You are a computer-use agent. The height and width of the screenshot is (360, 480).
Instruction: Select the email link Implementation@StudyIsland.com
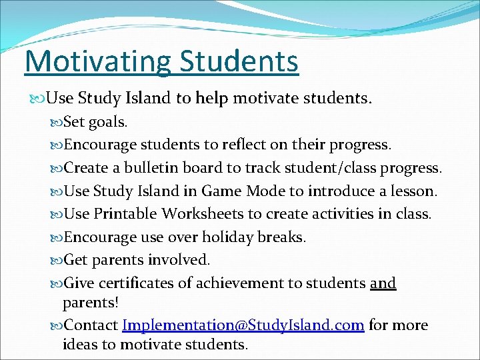243,325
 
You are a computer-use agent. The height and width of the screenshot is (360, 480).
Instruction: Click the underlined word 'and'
383,283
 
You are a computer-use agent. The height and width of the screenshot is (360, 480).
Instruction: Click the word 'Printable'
125,214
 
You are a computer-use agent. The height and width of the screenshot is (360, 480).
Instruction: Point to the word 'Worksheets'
199,214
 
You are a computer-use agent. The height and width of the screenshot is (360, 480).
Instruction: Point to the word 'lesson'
413,191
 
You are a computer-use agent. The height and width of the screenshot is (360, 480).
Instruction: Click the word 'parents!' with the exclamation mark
91,302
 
